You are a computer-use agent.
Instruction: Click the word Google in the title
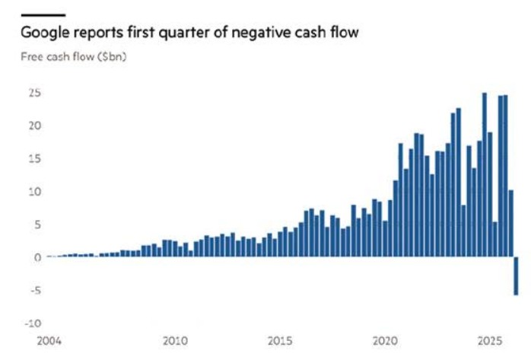pos(45,33)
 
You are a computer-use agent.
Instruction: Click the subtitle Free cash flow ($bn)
pos(74,56)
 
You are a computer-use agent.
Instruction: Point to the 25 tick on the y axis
pos(34,93)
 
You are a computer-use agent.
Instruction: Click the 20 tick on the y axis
pos(34,126)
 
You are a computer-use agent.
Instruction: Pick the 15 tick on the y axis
pos(34,158)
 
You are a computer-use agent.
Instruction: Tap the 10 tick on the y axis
pos(34,192)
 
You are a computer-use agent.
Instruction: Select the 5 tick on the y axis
pos(37,225)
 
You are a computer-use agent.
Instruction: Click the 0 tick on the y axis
pos(37,257)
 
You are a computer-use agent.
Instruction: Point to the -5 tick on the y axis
pos(34,290)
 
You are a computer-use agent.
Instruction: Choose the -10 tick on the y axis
pos(33,323)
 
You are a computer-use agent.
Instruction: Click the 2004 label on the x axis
pos(49,341)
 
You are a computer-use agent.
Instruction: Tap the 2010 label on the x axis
pos(175,341)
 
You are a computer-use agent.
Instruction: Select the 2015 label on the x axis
pos(280,341)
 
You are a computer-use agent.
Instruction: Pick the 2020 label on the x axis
pos(385,341)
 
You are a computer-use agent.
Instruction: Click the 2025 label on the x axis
pos(490,341)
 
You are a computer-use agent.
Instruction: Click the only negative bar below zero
pos(516,276)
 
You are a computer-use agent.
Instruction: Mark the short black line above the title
pos(43,15)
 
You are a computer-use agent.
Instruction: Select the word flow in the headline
pos(345,32)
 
